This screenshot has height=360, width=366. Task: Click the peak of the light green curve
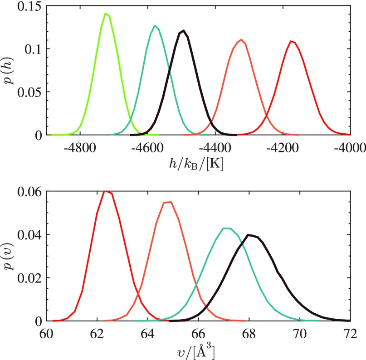coord(105,14)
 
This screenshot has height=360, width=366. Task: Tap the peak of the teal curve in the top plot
coord(155,26)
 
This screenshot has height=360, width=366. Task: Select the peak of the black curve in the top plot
coord(183,31)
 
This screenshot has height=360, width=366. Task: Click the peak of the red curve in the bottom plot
coord(106,191)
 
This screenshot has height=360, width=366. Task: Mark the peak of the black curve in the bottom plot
coord(249,235)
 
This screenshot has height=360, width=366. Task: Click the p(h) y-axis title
coord(10,70)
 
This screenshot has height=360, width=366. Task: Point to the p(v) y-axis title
coord(10,256)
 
